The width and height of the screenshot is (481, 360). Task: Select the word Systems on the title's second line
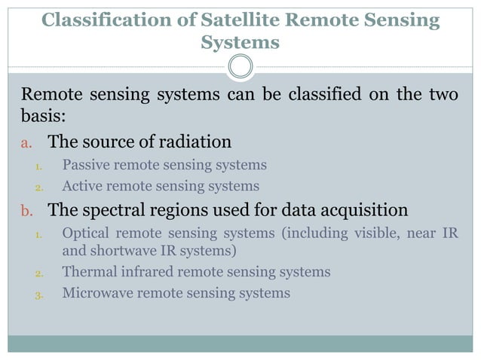(x=240, y=43)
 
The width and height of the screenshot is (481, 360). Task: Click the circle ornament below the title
(x=240, y=66)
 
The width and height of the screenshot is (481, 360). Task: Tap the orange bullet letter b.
(x=24, y=209)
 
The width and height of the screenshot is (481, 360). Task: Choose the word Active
(x=84, y=186)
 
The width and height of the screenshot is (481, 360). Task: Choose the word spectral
(x=107, y=209)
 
